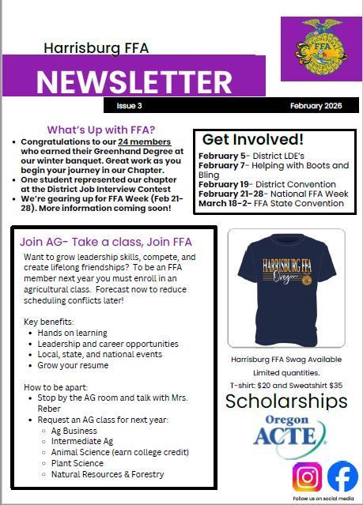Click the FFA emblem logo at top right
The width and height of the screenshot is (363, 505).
tap(321, 48)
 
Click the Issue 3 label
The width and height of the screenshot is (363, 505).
tap(128, 106)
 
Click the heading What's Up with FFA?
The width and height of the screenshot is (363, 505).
tap(100, 130)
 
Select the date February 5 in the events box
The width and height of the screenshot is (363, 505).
tap(223, 156)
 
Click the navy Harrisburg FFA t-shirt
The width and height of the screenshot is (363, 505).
tap(285, 288)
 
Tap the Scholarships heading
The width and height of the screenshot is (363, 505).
tap(285, 402)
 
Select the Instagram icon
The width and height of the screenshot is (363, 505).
tap(308, 477)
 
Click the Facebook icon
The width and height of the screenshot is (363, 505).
tap(342, 477)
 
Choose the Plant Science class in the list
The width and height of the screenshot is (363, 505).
tap(78, 463)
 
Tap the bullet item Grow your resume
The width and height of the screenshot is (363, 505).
tap(74, 366)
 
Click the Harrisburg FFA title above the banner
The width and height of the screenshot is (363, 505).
tap(96, 48)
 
